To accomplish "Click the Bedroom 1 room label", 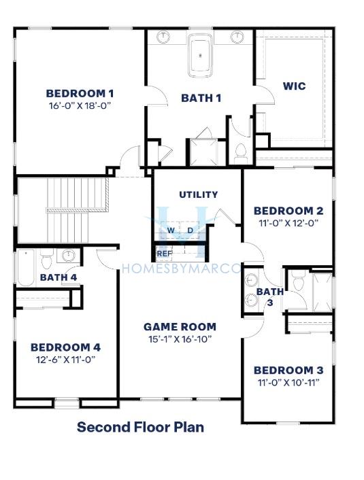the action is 80,93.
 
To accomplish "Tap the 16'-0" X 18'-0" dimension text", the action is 80,105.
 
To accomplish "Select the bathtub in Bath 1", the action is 201,55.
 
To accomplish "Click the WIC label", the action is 294,86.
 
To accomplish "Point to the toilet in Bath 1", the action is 241,153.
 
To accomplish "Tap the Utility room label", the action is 199,194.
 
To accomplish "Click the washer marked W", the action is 171,230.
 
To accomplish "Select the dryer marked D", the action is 190,230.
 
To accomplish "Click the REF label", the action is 165,254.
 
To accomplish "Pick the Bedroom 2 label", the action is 288,211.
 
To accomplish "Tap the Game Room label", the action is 180,326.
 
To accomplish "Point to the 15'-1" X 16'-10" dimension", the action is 180,339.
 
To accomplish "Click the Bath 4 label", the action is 59,277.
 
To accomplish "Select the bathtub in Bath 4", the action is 26,268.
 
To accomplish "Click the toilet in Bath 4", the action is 47,259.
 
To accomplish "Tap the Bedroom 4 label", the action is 65,347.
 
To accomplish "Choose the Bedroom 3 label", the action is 288,370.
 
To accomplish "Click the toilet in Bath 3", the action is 298,280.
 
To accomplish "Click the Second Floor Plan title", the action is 140,427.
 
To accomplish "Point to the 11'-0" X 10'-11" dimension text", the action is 288,382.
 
